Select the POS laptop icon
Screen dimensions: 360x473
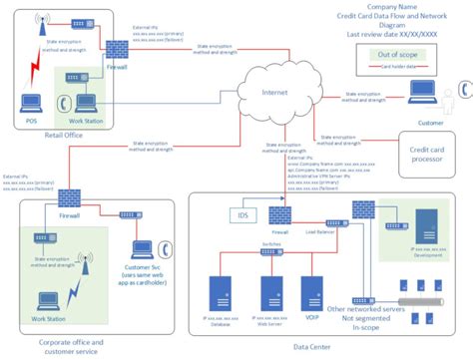point(31,102)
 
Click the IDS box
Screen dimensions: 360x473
point(239,214)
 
